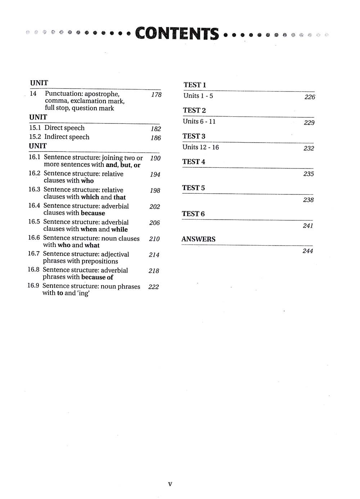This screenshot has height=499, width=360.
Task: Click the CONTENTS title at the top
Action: click(177, 33)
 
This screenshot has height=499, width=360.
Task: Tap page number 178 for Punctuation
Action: click(156, 95)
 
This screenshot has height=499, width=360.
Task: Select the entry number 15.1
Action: click(35, 128)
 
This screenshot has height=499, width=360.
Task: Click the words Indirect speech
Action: click(67, 137)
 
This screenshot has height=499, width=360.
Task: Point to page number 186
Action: click(156, 138)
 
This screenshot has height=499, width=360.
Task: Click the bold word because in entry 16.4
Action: click(93, 213)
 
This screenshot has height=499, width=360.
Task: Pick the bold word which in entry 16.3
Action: click(90, 197)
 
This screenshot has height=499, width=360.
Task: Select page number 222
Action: click(153, 287)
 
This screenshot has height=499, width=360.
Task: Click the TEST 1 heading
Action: click(195, 85)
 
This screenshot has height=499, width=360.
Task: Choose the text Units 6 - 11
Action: click(199, 121)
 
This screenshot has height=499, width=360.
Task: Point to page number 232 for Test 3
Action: click(309, 148)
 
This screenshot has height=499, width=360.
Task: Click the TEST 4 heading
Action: click(194, 162)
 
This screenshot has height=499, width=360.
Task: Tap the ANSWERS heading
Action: click(198, 239)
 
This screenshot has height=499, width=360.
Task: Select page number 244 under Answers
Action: click(308, 251)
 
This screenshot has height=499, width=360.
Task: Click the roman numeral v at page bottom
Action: click(170, 484)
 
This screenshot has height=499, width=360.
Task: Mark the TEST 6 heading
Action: click(193, 214)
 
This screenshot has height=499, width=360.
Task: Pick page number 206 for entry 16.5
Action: click(154, 223)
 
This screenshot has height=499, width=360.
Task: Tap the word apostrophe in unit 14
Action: click(102, 94)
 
